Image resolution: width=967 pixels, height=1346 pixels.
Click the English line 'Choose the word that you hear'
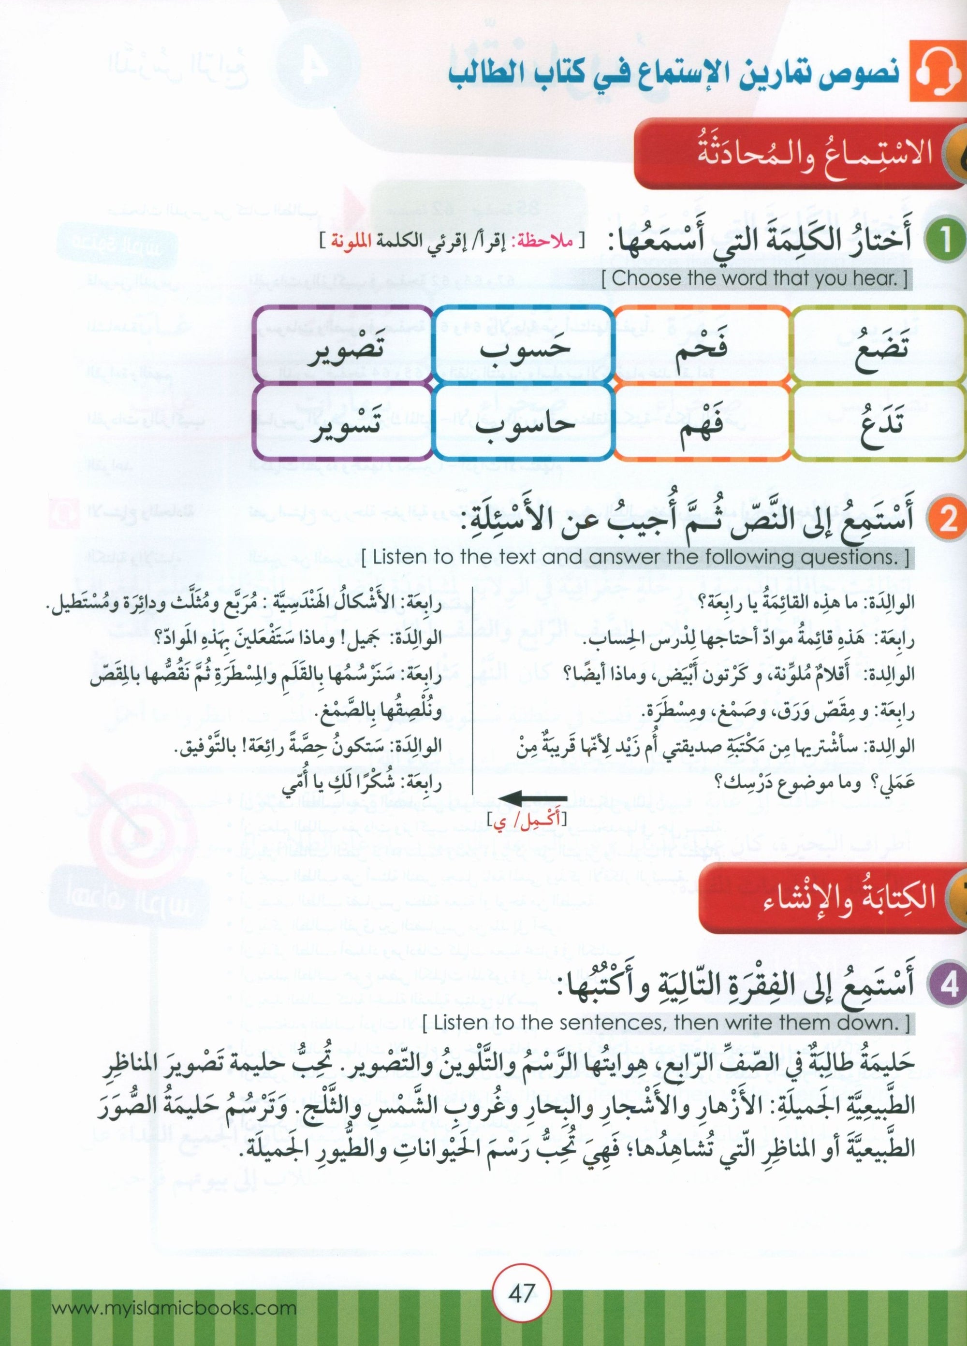754,279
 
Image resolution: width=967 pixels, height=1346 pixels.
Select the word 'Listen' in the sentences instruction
458,1023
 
